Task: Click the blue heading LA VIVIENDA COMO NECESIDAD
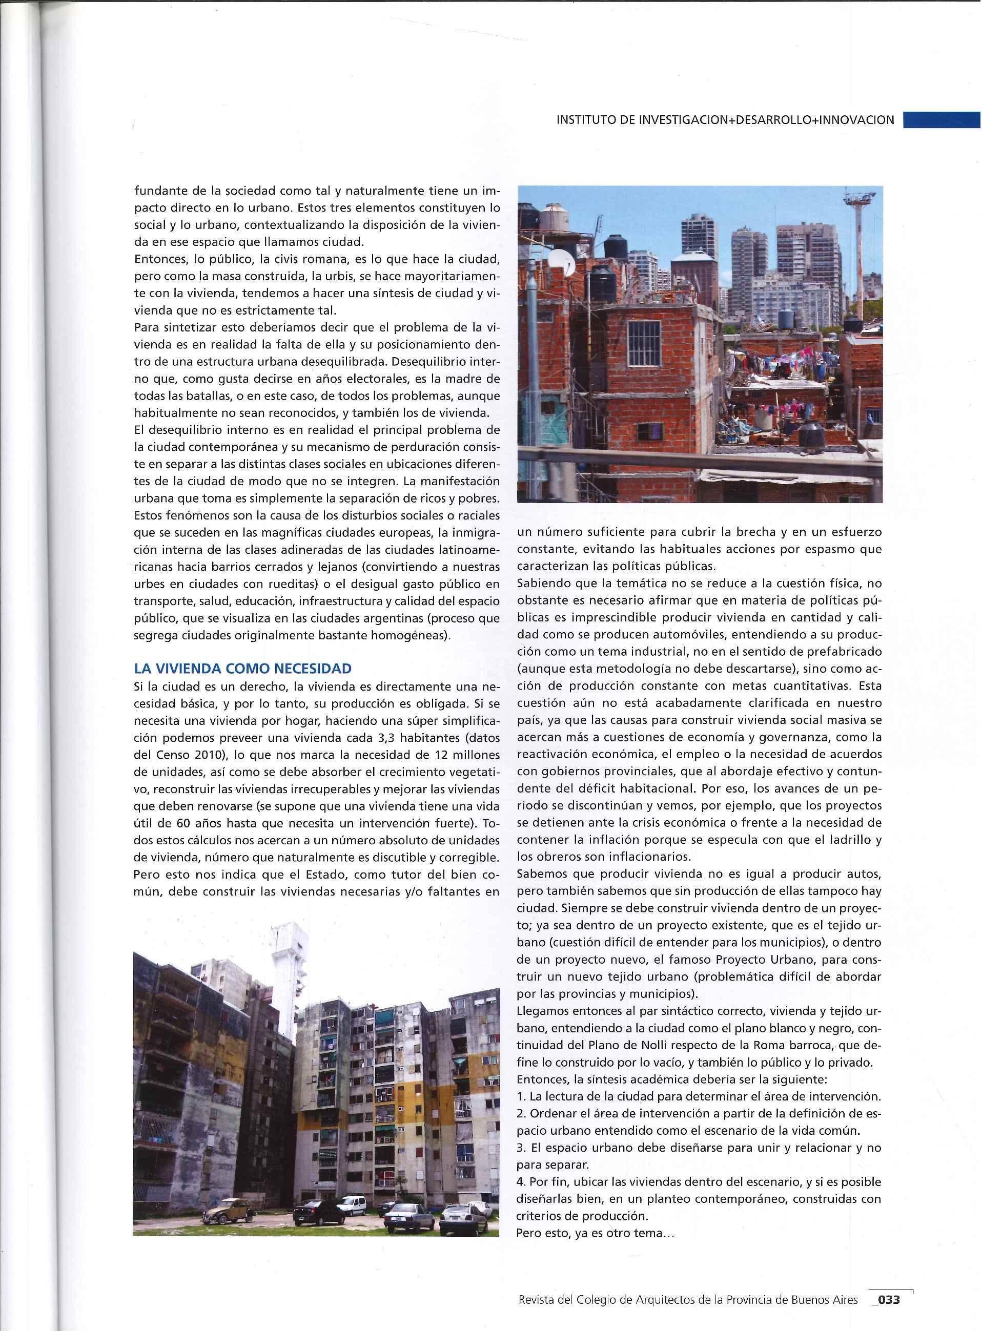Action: [243, 669]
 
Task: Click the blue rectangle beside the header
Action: [941, 120]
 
